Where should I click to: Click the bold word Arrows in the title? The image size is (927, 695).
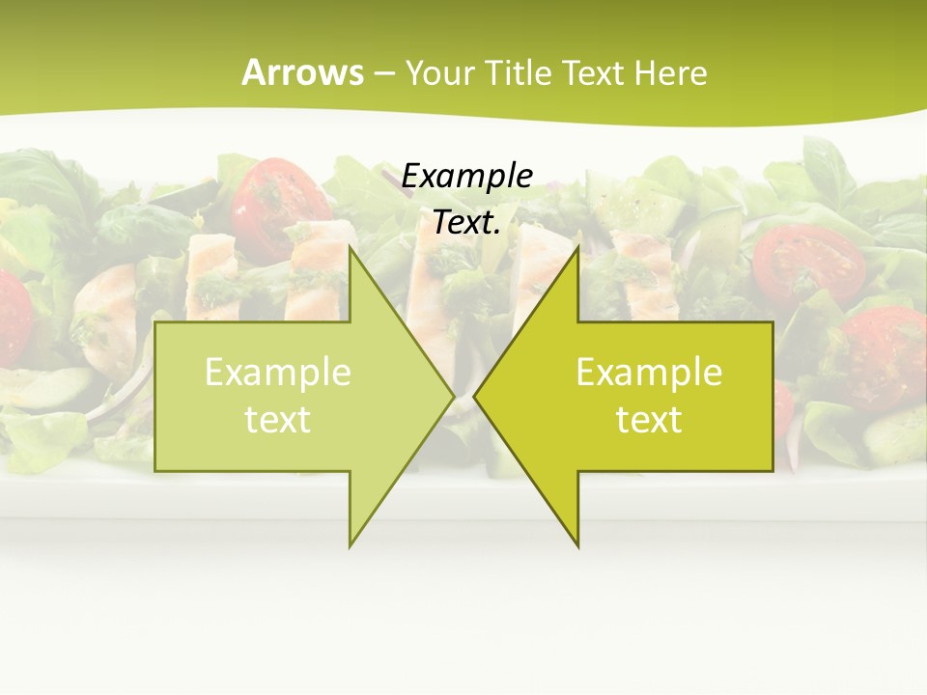click(x=302, y=72)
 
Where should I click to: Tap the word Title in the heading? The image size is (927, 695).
click(x=522, y=72)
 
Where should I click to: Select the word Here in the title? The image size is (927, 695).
click(x=670, y=72)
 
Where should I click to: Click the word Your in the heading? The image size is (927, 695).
click(x=443, y=72)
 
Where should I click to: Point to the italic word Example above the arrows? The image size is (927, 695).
click(x=467, y=176)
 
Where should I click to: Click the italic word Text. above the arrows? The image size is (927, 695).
click(x=467, y=222)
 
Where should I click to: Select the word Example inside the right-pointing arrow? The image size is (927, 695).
click(x=278, y=373)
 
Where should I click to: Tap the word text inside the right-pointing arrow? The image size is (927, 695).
click(x=278, y=420)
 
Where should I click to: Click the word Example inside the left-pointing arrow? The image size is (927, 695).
click(x=649, y=373)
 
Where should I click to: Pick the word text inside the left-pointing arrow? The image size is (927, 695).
click(x=649, y=420)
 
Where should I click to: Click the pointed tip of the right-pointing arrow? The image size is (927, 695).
click(x=453, y=396)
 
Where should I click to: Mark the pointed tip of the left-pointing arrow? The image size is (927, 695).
click(x=475, y=396)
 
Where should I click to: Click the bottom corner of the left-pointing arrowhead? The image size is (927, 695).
click(x=577, y=546)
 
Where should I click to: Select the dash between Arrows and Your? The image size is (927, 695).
click(x=383, y=73)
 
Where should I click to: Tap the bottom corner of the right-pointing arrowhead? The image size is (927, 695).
click(x=350, y=546)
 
